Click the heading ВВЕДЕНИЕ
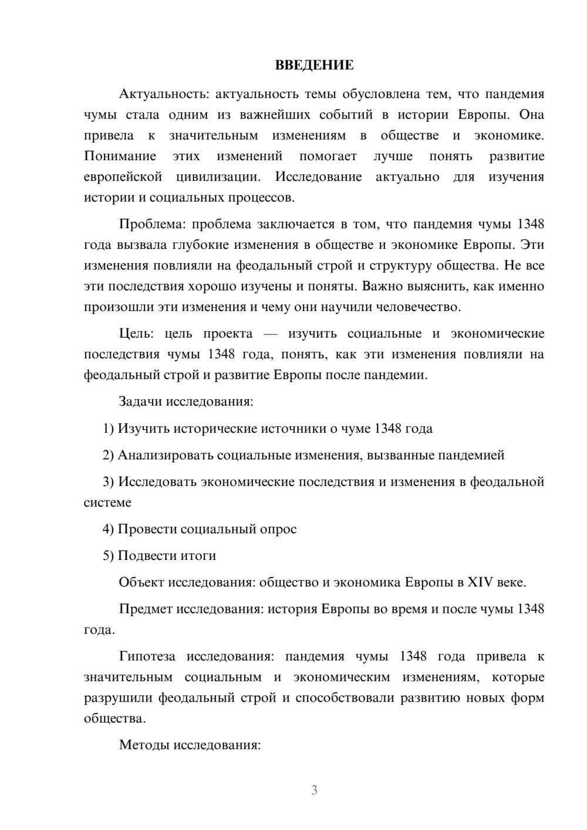[314, 65]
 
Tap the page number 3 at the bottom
[314, 790]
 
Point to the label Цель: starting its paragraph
[136, 333]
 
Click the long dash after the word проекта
[270, 333]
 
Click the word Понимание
[120, 156]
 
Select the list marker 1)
[109, 429]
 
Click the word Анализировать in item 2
[165, 455]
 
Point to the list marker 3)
[109, 482]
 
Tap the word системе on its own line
[107, 502]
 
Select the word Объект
[141, 582]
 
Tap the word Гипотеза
[146, 656]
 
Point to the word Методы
[140, 745]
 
